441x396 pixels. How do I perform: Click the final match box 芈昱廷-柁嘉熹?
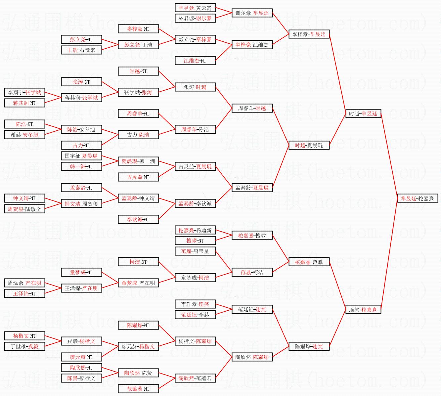tap(418, 198)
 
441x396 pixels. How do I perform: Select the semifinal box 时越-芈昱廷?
tap(363, 113)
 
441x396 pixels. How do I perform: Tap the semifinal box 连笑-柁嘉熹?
tap(363, 310)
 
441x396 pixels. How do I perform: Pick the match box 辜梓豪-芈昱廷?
tap(309, 34)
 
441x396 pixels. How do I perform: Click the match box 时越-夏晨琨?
tap(309, 145)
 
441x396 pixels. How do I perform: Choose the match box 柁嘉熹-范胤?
tap(309, 262)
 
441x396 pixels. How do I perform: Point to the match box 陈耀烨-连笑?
tap(309, 347)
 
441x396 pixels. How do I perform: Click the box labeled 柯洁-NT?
tap(138, 262)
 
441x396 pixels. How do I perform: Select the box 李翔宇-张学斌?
tap(24, 93)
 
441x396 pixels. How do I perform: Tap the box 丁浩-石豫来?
tap(81, 50)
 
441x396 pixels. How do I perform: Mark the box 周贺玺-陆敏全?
tap(24, 209)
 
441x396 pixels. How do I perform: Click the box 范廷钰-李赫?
tap(195, 315)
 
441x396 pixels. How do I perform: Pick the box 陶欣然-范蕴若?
tap(195, 378)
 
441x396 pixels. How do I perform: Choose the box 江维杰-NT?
tap(195, 61)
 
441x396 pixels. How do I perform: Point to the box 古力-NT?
tap(81, 145)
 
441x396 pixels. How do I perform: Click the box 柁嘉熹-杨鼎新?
tap(195, 230)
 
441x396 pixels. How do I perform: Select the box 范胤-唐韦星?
tap(195, 251)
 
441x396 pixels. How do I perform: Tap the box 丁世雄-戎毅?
tap(24, 346)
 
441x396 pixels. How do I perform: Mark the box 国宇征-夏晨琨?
tap(81, 156)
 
